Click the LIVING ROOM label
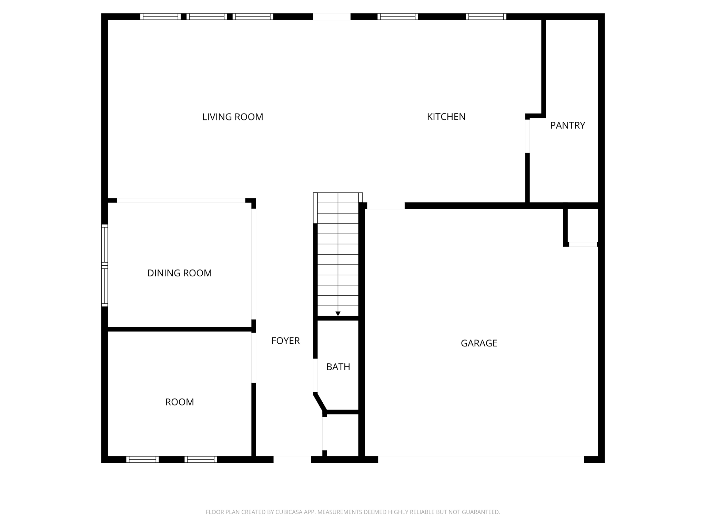pyautogui.click(x=232, y=117)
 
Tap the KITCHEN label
pyautogui.click(x=446, y=117)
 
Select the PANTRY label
pyautogui.click(x=567, y=125)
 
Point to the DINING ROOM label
pyautogui.click(x=179, y=273)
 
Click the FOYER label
pyautogui.click(x=285, y=341)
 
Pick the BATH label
pyautogui.click(x=338, y=367)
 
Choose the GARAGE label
pyautogui.click(x=479, y=343)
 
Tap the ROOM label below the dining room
pyautogui.click(x=179, y=402)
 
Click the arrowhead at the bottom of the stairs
pyautogui.click(x=338, y=313)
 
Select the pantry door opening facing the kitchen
pyautogui.click(x=527, y=136)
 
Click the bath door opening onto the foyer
pyautogui.click(x=315, y=375)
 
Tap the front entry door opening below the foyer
pyautogui.click(x=292, y=459)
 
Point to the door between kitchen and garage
pyautogui.click(x=385, y=206)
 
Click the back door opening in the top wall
pyautogui.click(x=332, y=17)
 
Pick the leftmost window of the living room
pyautogui.click(x=160, y=17)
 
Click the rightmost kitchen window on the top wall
pyautogui.click(x=486, y=17)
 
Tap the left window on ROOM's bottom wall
pyautogui.click(x=142, y=459)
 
